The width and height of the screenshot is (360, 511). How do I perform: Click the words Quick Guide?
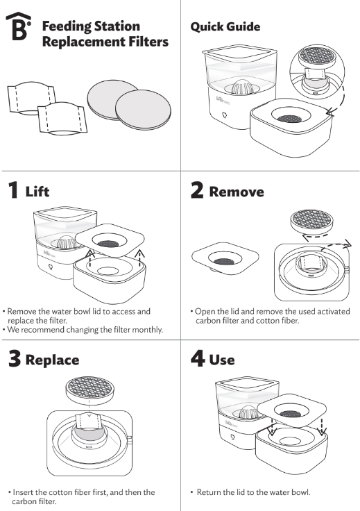point(225,27)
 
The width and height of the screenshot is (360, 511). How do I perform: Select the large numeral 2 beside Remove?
point(197,191)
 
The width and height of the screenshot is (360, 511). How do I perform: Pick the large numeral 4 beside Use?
point(198,360)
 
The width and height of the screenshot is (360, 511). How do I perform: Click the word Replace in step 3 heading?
point(53,360)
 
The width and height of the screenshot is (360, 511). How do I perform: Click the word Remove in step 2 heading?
point(237,192)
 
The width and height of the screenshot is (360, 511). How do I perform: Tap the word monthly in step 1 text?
point(146,330)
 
